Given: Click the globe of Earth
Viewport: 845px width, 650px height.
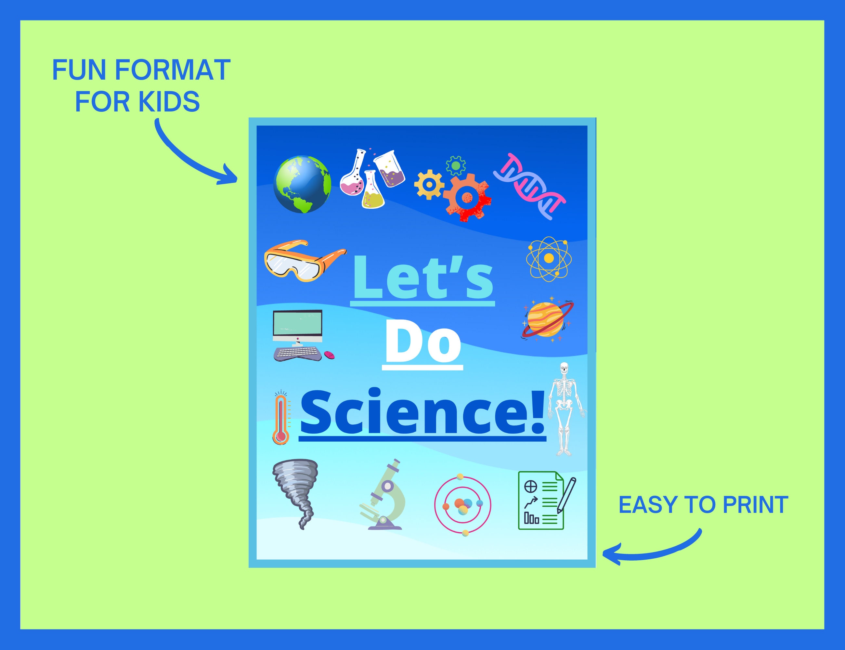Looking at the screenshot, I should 302,184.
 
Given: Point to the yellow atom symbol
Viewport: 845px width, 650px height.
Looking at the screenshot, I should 549,258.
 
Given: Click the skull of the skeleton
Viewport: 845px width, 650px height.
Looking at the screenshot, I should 565,368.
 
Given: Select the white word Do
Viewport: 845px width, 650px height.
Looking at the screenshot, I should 422,344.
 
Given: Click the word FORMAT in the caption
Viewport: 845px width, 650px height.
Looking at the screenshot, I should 173,71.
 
